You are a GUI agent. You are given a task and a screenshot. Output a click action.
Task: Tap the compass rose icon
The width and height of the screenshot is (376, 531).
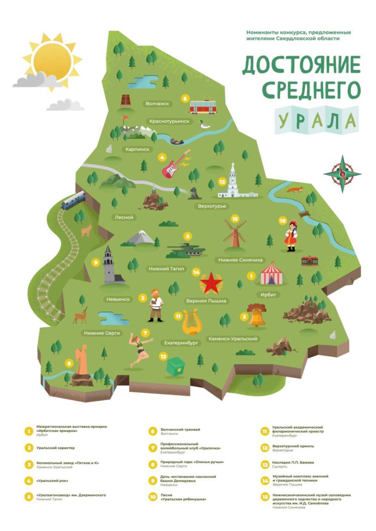coord(343,173)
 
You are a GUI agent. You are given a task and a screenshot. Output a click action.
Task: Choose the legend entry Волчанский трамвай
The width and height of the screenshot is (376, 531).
coord(180,430)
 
